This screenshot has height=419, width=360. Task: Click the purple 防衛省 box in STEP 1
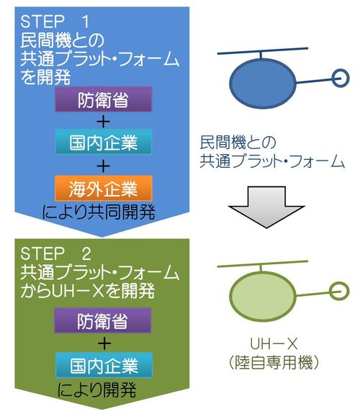point(104,99)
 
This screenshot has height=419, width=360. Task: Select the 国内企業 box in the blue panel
point(104,142)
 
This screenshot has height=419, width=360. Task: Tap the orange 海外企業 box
point(104,188)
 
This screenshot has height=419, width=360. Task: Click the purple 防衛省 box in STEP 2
point(103,320)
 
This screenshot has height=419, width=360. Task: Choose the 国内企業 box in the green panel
point(104,365)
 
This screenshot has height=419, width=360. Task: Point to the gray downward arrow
point(266,207)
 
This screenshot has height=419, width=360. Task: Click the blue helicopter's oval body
point(263,84)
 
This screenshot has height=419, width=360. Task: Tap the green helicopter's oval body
point(263,297)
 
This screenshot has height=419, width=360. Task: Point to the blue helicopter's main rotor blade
point(263,51)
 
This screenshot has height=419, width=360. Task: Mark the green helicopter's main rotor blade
point(263,263)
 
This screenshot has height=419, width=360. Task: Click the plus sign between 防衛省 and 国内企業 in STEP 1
point(103,122)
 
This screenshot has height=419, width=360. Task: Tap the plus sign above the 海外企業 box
point(103,166)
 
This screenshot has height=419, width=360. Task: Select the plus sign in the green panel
point(104,343)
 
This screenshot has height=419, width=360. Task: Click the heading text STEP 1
point(55,22)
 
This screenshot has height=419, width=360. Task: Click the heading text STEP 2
point(55,253)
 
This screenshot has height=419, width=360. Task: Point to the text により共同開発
point(99,212)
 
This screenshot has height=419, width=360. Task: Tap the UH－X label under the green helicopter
point(274,344)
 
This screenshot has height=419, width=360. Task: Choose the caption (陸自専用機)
point(274,363)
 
